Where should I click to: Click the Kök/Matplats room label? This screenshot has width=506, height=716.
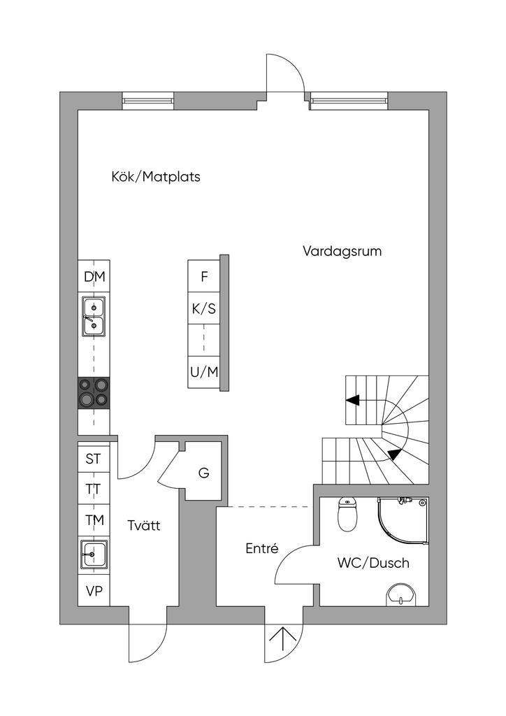click(156, 177)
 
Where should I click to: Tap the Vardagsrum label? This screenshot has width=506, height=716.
click(342, 251)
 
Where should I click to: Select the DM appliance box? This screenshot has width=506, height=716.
click(94, 276)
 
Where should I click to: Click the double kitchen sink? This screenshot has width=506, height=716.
click(94, 316)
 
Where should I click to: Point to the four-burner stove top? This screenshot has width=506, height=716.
click(94, 393)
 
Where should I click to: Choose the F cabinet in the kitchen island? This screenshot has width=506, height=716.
click(204, 276)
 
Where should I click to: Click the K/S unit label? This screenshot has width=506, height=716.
click(204, 309)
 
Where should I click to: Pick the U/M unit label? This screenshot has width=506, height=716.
click(204, 372)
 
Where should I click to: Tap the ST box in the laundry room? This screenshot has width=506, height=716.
click(94, 458)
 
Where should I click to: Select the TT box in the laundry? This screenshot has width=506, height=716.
click(94, 489)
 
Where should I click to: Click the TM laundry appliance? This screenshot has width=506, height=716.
click(94, 520)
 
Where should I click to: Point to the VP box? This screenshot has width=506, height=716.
click(94, 591)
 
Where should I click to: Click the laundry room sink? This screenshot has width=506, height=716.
click(94, 554)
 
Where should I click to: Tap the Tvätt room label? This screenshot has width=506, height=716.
click(144, 525)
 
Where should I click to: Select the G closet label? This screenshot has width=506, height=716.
click(203, 473)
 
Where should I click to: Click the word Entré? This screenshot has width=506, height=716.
click(262, 548)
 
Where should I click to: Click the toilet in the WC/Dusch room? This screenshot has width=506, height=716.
click(347, 515)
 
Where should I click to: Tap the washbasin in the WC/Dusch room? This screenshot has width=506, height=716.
click(401, 594)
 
